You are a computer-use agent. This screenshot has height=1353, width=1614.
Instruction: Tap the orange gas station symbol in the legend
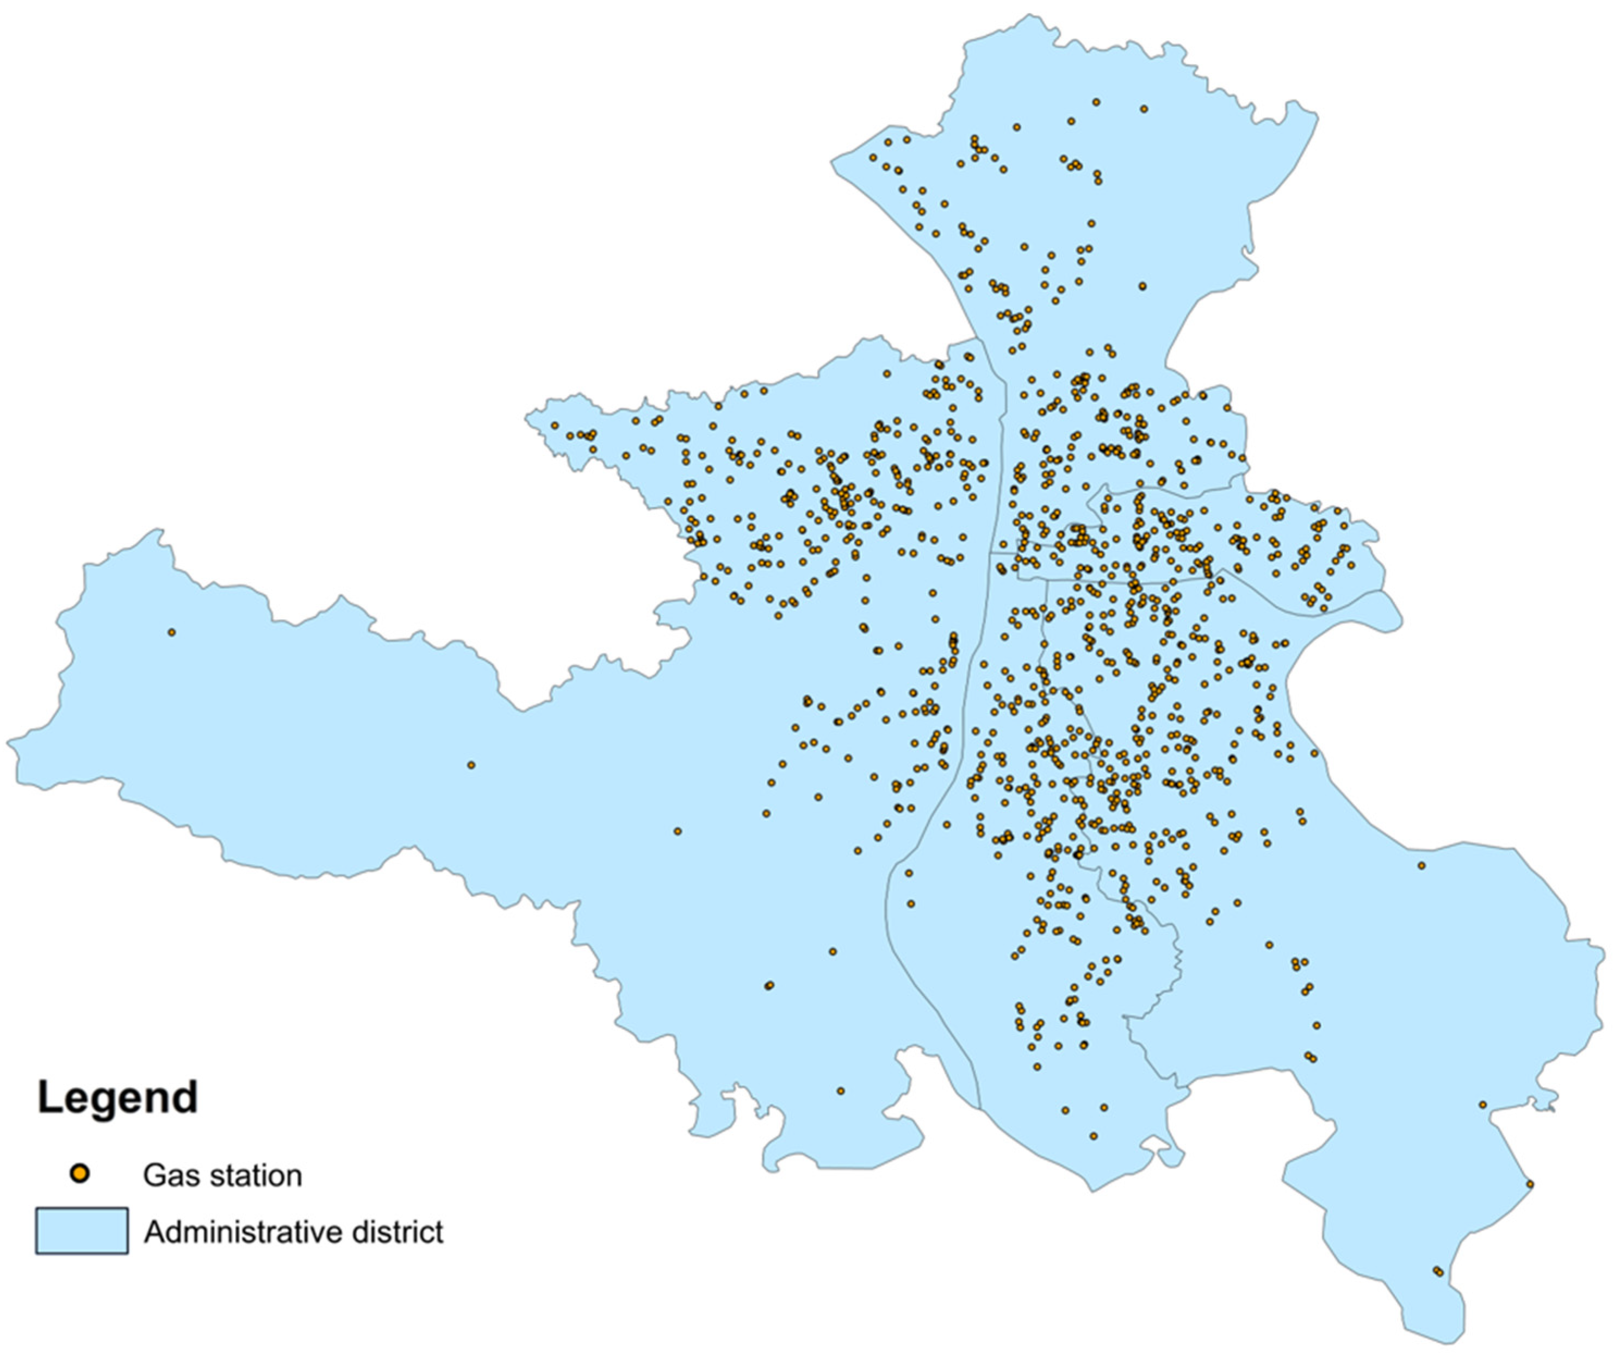[x=79, y=1174]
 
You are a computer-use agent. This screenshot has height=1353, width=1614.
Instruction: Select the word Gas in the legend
[x=165, y=1176]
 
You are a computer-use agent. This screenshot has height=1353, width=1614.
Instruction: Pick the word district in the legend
[x=398, y=1232]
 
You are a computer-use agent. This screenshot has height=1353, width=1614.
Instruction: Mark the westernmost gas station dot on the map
[x=171, y=632]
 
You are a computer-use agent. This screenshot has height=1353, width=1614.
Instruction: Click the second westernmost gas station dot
[x=471, y=765]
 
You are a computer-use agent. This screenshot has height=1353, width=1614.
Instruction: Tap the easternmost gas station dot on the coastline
[x=1530, y=1184]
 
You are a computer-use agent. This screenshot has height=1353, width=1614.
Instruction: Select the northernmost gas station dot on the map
[x=1096, y=102]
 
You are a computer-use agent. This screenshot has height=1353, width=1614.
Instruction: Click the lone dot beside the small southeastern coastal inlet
[x=1482, y=1105]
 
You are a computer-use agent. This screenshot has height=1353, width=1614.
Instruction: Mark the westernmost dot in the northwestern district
[x=554, y=426]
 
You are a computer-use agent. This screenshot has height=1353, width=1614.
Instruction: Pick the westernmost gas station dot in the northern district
[x=872, y=158]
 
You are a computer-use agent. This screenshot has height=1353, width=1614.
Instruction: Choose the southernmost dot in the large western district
[x=840, y=1091]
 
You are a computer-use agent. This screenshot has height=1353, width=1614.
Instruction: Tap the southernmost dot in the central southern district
[x=1094, y=1136]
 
